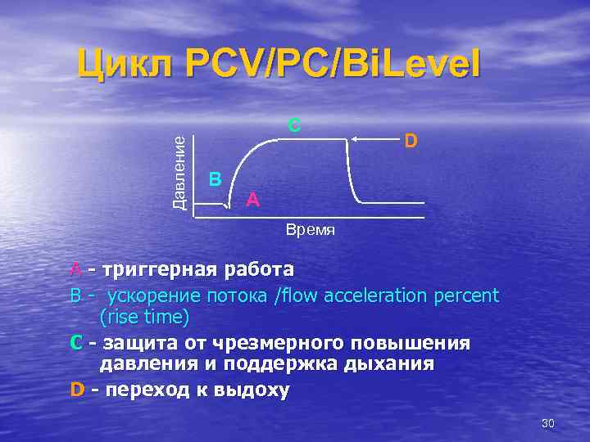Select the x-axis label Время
coord(311,231)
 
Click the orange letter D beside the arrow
coord(411,142)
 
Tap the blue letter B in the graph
coord(215,178)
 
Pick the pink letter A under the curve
coord(253,199)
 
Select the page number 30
coord(548,423)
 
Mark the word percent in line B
coord(470,295)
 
